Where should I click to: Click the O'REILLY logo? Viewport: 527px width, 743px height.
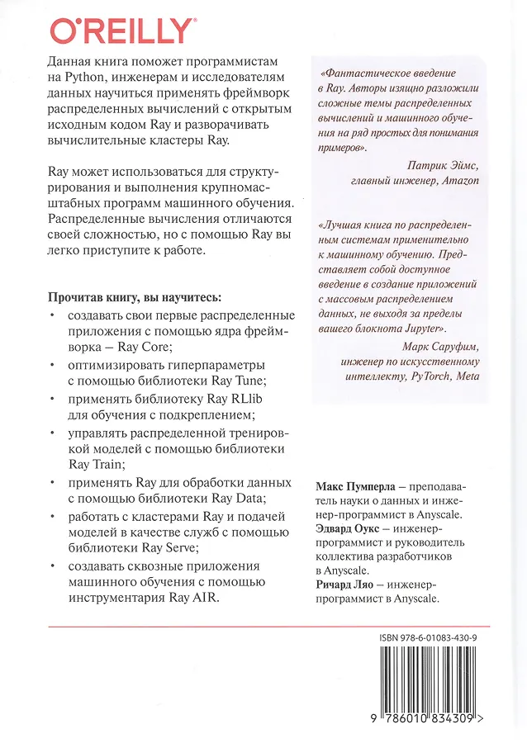point(122,31)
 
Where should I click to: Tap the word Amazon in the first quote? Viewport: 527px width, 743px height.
point(459,180)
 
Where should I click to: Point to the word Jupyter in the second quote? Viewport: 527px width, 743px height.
point(417,329)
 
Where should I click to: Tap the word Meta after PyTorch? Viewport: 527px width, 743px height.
point(468,376)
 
